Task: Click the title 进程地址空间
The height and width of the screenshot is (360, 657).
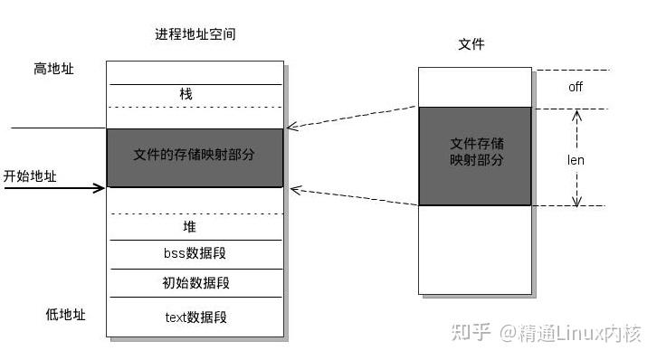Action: pyautogui.click(x=195, y=34)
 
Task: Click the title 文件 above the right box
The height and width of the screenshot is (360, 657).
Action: pyautogui.click(x=471, y=43)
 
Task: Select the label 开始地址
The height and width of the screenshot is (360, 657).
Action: pyautogui.click(x=30, y=176)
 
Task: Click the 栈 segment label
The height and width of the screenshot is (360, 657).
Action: pyautogui.click(x=186, y=94)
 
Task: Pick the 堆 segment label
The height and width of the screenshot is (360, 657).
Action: pyautogui.click(x=189, y=227)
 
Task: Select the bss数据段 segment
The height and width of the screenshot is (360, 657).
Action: pyautogui.click(x=195, y=254)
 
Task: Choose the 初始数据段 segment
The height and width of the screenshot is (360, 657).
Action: pyautogui.click(x=195, y=283)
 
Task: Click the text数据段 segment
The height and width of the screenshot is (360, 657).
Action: pyautogui.click(x=195, y=317)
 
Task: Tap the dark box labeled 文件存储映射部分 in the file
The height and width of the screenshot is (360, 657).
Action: pyautogui.click(x=475, y=155)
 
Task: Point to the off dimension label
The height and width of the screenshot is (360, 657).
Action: pyautogui.click(x=576, y=88)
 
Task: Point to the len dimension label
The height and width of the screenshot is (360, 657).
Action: pyautogui.click(x=576, y=160)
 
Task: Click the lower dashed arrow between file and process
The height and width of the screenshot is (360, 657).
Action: pyautogui.click(x=353, y=197)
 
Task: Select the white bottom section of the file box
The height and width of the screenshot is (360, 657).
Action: pyautogui.click(x=475, y=249)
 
